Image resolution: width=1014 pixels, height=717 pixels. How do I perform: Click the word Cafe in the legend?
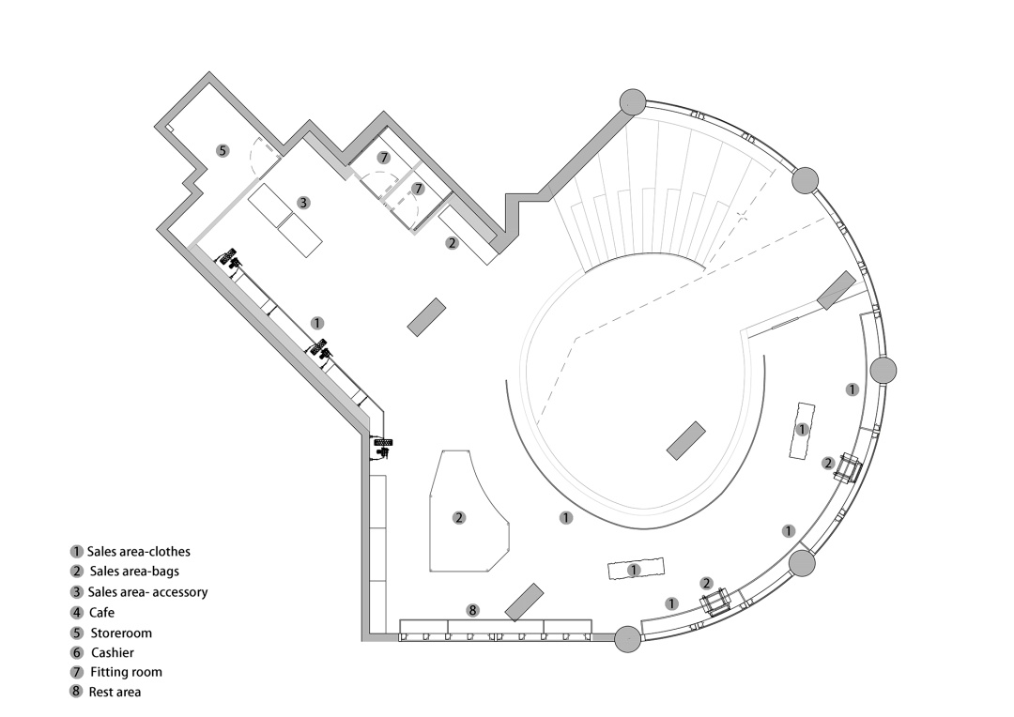(101, 612)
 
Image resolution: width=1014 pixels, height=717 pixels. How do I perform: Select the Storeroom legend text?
(121, 633)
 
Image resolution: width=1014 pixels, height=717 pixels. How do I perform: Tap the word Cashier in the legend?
(113, 652)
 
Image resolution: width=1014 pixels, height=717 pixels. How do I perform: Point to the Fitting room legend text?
(126, 672)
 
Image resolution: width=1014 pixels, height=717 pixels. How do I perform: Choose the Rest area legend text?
(115, 692)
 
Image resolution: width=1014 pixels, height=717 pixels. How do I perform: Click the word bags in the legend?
(164, 572)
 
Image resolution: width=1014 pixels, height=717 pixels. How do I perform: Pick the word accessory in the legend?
(177, 592)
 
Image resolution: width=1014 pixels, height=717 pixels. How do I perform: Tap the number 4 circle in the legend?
(77, 612)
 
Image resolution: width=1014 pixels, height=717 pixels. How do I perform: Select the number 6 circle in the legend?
(77, 652)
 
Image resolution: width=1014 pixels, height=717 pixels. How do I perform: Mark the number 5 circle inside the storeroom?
(223, 151)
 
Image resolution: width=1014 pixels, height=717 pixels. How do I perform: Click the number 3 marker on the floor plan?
(303, 203)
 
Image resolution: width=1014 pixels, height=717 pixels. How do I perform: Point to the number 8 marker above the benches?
(472, 610)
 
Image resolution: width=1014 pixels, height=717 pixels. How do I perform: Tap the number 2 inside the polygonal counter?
(459, 517)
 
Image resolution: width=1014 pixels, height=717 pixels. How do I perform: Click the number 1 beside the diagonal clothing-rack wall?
(317, 323)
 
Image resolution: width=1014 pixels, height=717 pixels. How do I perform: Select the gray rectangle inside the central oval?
(685, 440)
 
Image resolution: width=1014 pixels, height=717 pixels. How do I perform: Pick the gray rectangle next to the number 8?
(524, 602)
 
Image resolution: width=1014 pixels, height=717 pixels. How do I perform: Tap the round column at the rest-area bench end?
(627, 639)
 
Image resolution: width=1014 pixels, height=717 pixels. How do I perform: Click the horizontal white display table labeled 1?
(637, 570)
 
